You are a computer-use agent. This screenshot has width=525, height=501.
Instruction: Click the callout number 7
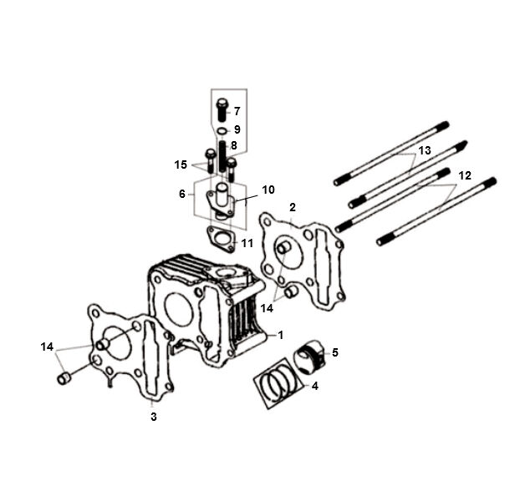pos(237,111)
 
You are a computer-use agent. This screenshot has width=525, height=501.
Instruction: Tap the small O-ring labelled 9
pos(222,130)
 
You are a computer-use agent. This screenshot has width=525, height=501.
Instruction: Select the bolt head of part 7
pos(222,102)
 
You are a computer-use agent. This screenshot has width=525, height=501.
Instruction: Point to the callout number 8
pos(234,145)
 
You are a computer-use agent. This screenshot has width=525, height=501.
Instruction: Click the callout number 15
pos(181,164)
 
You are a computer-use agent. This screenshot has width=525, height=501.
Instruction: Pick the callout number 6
pos(182,194)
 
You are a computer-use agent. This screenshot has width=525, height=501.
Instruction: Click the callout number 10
pos(268,190)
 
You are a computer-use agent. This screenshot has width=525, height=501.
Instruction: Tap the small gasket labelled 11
pos(221,239)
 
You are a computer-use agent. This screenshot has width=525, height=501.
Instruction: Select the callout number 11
pos(247,243)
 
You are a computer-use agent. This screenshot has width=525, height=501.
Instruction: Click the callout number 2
pos(293,207)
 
